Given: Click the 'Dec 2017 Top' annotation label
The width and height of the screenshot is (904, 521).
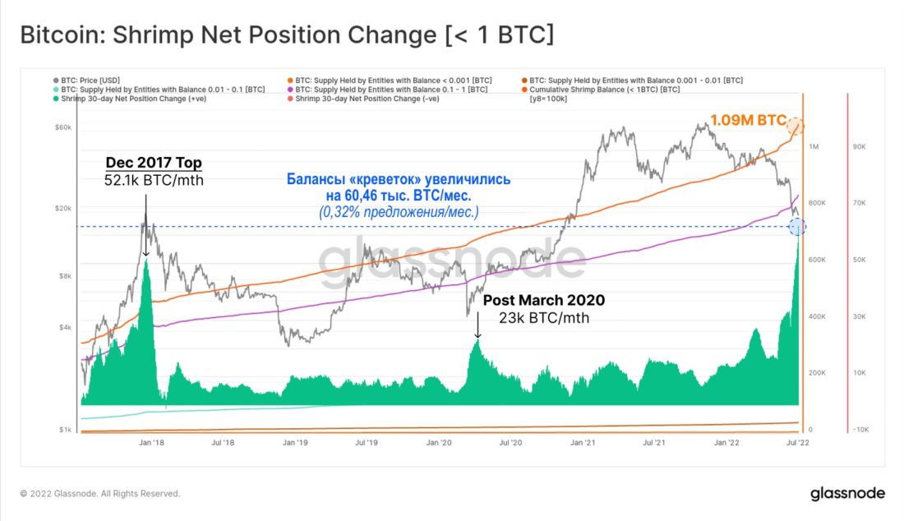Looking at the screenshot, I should (x=154, y=162).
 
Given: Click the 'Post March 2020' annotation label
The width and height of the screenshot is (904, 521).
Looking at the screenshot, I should (x=543, y=301).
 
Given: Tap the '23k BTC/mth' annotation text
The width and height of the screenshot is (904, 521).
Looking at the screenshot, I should (x=543, y=318).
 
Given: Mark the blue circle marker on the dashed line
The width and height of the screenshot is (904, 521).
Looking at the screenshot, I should (x=796, y=227).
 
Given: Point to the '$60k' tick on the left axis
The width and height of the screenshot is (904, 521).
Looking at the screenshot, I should (x=63, y=128).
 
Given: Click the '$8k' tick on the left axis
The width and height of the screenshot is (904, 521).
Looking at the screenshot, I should (x=66, y=276).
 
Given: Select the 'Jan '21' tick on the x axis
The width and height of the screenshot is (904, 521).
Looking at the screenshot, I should (x=583, y=442).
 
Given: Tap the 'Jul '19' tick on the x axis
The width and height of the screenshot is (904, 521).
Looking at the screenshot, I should (x=367, y=442).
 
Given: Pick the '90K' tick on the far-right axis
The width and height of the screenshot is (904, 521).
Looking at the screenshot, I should (x=862, y=146).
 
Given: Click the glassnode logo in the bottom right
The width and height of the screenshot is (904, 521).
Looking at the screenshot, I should (x=847, y=494).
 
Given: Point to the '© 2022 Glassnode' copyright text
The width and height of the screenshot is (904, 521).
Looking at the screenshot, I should (x=99, y=494).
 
